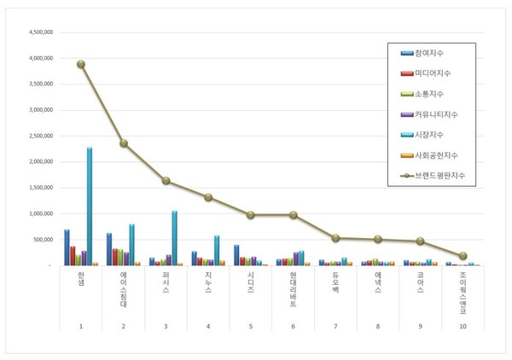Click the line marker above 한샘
pyautogui.click(x=80, y=64)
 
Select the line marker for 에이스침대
pyautogui.click(x=123, y=143)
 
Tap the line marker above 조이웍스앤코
pyautogui.click(x=463, y=256)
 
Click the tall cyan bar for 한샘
pyautogui.click(x=90, y=206)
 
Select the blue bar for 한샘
pyautogui.click(x=67, y=247)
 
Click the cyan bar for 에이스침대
pyautogui.click(x=132, y=244)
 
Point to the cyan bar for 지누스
pyautogui.click(x=217, y=250)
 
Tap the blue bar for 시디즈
pyautogui.click(x=236, y=255)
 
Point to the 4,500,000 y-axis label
pyautogui.click(x=42, y=32)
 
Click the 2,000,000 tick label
pyautogui.click(x=42, y=161)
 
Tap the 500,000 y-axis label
pyautogui.click(x=45, y=239)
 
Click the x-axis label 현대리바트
pyautogui.click(x=293, y=288)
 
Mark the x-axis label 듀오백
pyautogui.click(x=335, y=282)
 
